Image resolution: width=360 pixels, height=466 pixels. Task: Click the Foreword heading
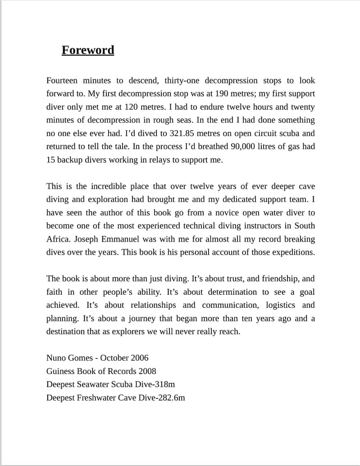click(88, 50)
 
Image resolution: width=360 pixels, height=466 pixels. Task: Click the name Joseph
click(87, 239)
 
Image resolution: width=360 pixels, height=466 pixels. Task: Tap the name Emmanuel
click(124, 239)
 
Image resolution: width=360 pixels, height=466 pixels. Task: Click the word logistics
click(280, 305)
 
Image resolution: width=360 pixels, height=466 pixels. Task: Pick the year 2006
click(139, 358)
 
